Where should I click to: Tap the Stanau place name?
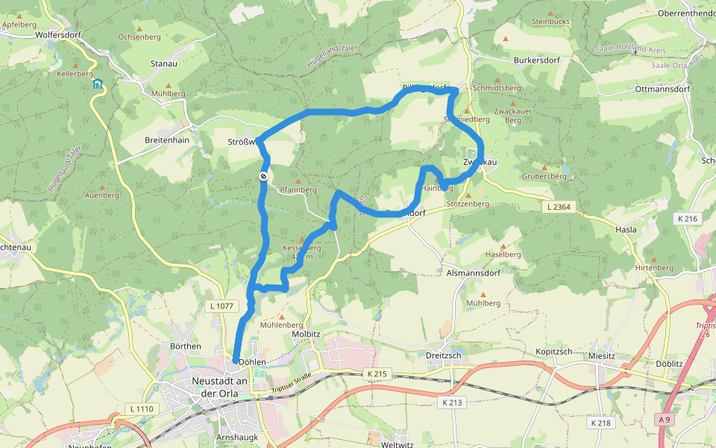point(163,64)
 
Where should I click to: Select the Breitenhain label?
point(166,140)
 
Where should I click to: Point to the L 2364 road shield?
point(559,206)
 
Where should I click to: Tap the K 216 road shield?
point(688,219)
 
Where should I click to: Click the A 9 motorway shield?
point(664,420)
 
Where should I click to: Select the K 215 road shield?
point(379,373)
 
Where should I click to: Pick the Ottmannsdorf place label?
point(662,89)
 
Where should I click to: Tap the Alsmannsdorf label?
point(472,273)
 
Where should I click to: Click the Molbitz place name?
point(306,335)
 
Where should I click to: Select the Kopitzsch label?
point(553,351)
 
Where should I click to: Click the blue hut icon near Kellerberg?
point(98,84)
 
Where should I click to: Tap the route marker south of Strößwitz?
point(263,176)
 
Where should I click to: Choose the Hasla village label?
point(626,230)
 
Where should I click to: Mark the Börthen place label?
point(186,346)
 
